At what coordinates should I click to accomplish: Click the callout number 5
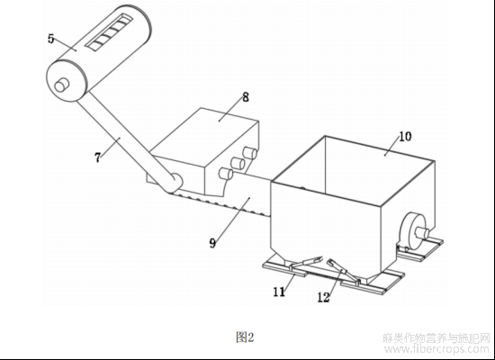coord(50,39)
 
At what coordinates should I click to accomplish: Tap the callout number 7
coord(98,157)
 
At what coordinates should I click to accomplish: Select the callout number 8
coord(246,97)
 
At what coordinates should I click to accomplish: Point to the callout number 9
coord(212,243)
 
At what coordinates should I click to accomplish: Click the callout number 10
coord(405,137)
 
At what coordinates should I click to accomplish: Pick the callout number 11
coord(279,292)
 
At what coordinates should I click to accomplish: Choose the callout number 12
coord(324,297)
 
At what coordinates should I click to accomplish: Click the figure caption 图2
coord(245,337)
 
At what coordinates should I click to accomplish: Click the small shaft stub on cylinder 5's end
coord(61,85)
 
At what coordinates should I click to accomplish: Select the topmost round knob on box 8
coord(249,153)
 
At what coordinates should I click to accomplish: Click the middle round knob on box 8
coord(238,163)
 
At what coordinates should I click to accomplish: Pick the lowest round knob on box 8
coord(226,174)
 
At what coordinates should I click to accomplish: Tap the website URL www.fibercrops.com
coord(436,349)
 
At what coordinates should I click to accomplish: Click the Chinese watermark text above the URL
coord(436,338)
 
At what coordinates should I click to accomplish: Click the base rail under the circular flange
coord(420,249)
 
